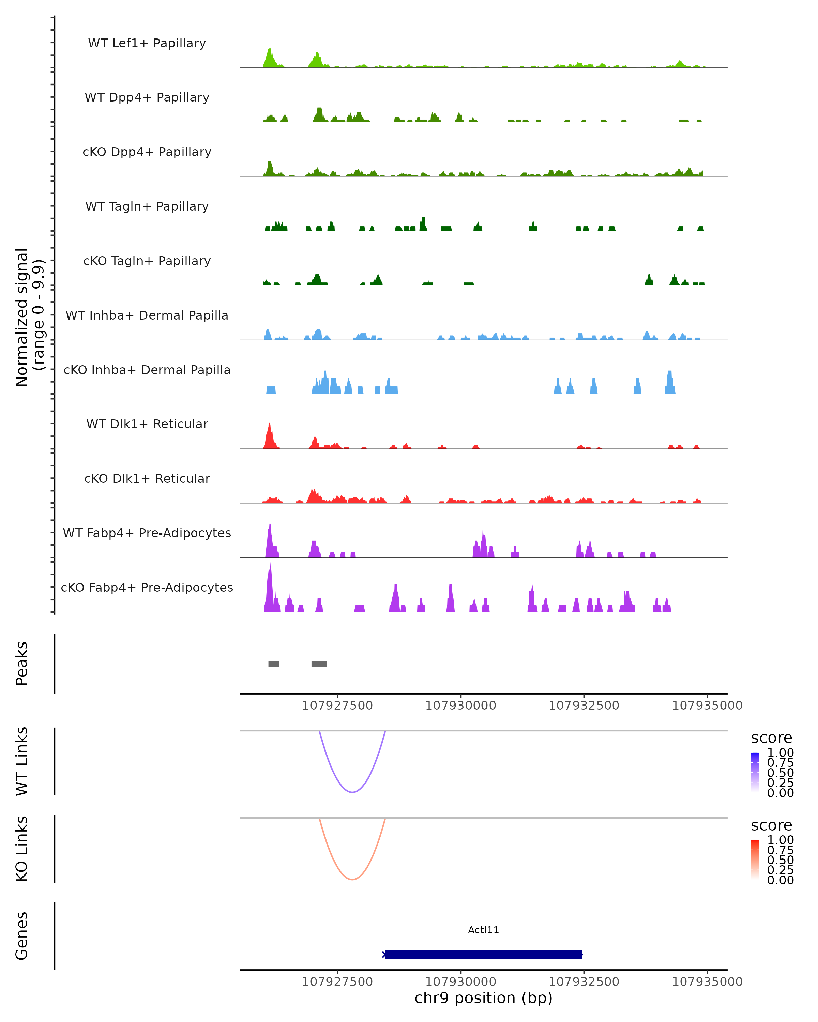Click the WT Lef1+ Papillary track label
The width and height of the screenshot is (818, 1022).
147,43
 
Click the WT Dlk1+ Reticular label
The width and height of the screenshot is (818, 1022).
147,424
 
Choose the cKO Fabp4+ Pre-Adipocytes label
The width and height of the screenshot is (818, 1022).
147,587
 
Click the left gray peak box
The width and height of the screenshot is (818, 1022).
274,664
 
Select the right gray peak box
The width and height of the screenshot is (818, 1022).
319,664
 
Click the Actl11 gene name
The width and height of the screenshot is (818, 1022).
483,930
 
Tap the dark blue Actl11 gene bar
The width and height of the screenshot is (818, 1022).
483,954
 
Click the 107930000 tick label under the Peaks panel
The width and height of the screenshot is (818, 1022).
460,706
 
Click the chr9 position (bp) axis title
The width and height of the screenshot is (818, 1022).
483,998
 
